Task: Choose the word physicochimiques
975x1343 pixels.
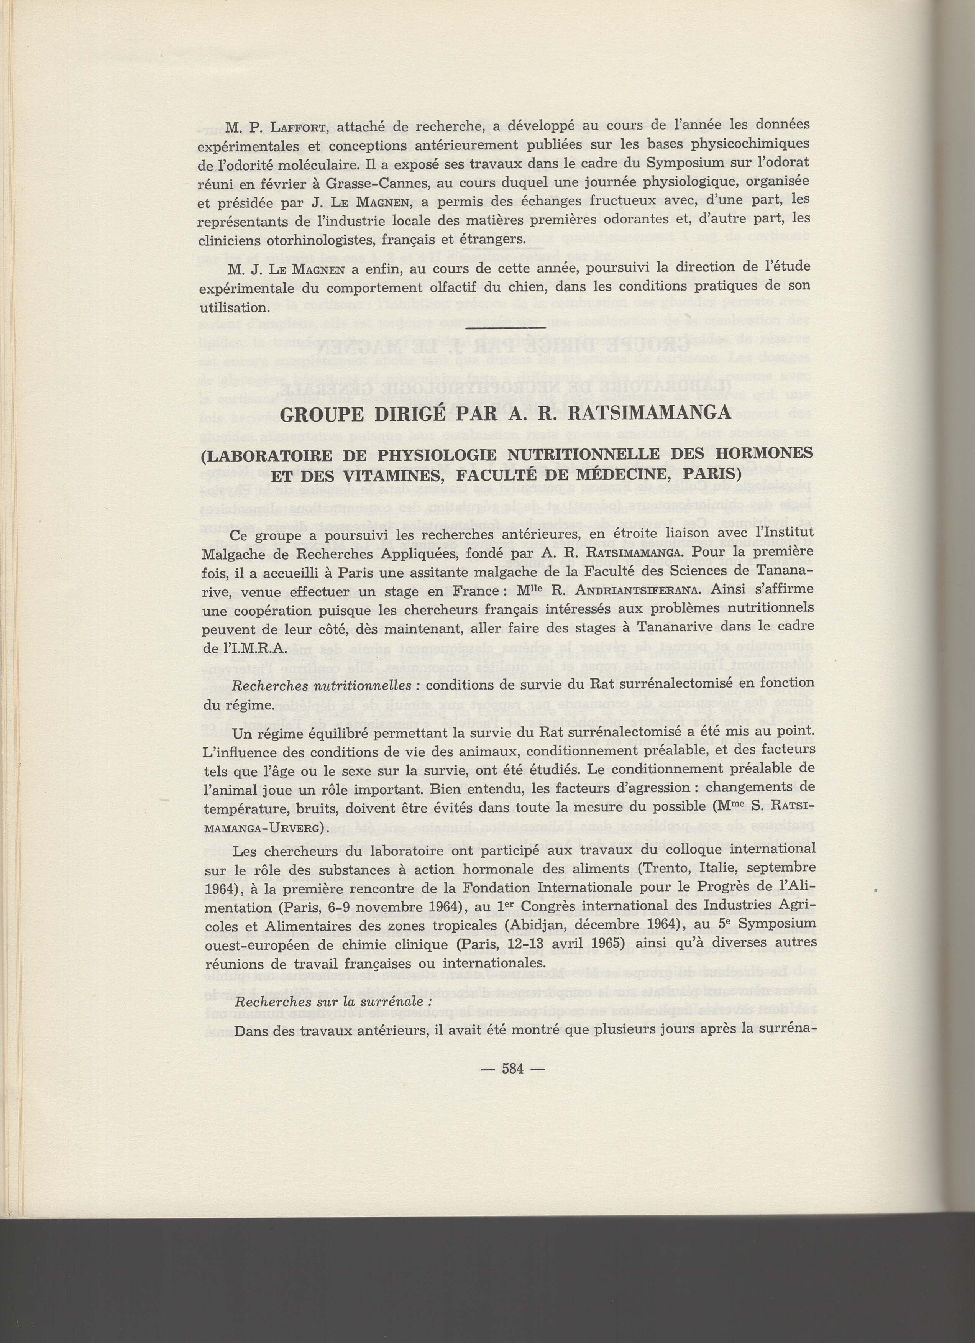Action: pyautogui.click(x=744, y=145)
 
